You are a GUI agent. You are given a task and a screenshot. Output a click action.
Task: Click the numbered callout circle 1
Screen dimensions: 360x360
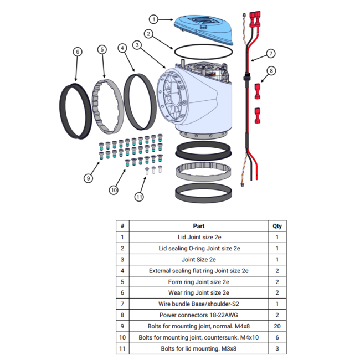point(154,19)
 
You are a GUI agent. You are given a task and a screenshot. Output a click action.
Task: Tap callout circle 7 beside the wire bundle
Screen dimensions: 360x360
point(271,54)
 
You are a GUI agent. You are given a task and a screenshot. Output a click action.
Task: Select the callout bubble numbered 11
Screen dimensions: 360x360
point(139,197)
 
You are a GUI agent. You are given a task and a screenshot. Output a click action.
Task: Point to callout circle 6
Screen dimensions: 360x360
point(78,52)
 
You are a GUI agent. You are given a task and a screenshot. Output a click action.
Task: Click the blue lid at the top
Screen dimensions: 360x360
point(203,29)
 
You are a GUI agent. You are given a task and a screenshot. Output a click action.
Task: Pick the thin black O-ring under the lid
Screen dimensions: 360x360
point(203,44)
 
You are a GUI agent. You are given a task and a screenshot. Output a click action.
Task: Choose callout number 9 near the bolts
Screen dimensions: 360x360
point(89,178)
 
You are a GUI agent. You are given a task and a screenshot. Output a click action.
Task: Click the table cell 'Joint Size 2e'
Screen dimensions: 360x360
point(199,259)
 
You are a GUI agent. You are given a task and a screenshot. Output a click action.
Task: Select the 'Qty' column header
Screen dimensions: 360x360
point(277,226)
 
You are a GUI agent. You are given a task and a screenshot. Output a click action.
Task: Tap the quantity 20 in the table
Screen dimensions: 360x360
point(277,326)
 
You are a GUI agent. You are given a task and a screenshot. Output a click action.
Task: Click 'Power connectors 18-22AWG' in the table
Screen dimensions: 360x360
point(199,315)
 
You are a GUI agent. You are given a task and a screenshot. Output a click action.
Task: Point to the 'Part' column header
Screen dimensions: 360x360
point(199,226)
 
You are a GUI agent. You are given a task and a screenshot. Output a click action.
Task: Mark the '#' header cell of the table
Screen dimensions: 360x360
point(122,226)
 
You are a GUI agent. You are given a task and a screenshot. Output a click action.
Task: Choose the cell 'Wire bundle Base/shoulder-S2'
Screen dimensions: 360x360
point(199,304)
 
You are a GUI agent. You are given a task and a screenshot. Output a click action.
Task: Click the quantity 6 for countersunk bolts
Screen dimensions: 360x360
point(277,337)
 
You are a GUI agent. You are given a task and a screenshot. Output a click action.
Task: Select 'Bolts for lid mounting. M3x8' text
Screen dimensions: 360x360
point(199,348)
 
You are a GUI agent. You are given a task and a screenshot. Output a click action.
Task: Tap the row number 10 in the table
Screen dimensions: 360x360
point(122,337)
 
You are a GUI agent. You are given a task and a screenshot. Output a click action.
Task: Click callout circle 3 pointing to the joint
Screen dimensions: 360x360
point(137,45)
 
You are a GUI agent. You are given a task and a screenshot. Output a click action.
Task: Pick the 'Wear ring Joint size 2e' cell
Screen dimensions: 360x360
point(199,293)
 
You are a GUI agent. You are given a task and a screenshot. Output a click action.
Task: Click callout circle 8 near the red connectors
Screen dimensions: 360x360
point(271,71)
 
